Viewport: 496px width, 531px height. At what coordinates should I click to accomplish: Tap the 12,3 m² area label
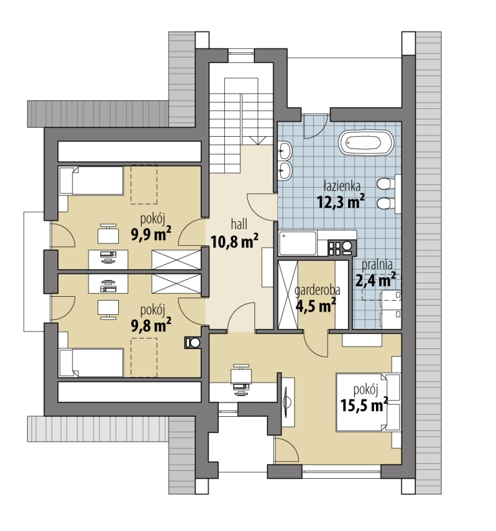click(341, 202)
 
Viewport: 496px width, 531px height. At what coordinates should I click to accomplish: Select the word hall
click(239, 224)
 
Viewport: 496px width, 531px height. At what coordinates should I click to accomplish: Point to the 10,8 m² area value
click(234, 241)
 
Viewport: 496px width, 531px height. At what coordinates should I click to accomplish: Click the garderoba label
click(317, 290)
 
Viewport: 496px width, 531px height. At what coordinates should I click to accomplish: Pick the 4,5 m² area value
click(316, 305)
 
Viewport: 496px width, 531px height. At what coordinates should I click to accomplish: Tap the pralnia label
click(377, 265)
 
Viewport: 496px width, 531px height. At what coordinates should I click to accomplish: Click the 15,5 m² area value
click(364, 405)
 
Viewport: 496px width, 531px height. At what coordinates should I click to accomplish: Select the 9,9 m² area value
click(151, 234)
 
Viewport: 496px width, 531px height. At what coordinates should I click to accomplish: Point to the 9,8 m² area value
click(151, 325)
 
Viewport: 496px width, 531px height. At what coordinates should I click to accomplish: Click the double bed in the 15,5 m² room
click(369, 402)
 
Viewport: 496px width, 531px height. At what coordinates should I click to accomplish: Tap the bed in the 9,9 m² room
click(91, 181)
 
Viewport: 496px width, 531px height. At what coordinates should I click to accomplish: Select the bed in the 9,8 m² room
click(91, 363)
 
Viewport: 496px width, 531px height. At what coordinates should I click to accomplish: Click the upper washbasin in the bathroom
click(285, 150)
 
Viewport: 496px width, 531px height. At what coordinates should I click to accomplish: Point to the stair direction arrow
click(258, 140)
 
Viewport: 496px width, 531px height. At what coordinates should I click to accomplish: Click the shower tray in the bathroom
click(298, 243)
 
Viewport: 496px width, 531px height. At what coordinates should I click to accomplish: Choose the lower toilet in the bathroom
click(386, 203)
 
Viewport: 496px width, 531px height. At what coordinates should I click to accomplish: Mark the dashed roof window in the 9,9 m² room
click(144, 185)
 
